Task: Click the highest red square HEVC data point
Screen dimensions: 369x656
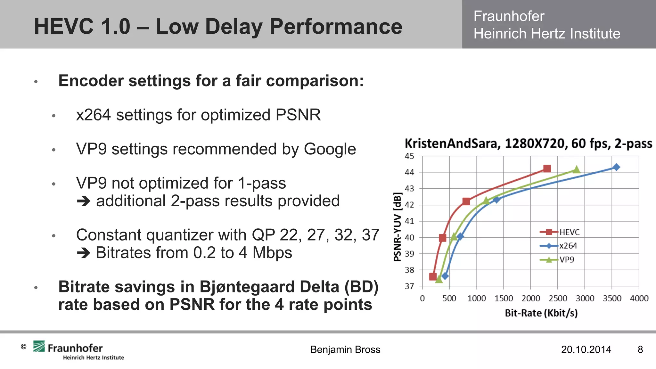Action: click(x=547, y=168)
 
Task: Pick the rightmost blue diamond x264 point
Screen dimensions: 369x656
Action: click(x=616, y=167)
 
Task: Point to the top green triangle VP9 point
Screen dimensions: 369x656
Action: click(x=576, y=169)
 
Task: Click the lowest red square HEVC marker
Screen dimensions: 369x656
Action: click(x=433, y=276)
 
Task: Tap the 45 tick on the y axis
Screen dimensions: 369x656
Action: click(x=409, y=156)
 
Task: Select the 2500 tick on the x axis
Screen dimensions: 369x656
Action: click(x=558, y=299)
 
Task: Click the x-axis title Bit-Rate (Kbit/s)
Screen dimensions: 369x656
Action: click(x=541, y=313)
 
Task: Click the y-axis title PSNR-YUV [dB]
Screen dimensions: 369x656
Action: click(x=397, y=227)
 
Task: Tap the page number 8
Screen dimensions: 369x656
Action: click(x=640, y=349)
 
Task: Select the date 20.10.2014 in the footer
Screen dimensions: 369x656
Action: click(x=586, y=349)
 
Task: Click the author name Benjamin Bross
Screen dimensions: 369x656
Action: click(x=345, y=349)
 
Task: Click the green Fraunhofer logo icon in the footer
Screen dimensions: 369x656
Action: click(x=39, y=346)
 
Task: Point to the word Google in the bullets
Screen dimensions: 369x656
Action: click(x=330, y=149)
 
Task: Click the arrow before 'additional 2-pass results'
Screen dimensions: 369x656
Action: click(x=84, y=201)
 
